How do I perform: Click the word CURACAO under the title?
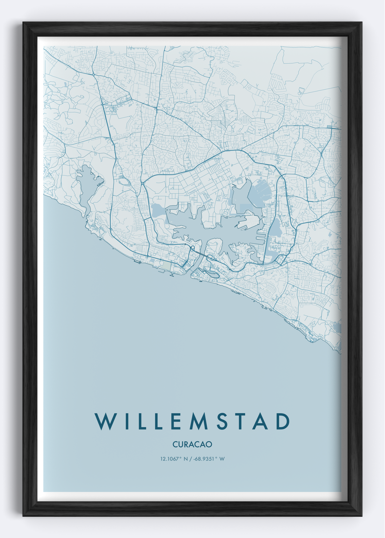pyautogui.click(x=192, y=444)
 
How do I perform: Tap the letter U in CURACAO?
pyautogui.click(x=180, y=444)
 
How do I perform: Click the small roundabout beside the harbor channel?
pyautogui.click(x=192, y=249)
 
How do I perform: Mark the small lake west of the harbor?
pyautogui.click(x=157, y=210)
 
